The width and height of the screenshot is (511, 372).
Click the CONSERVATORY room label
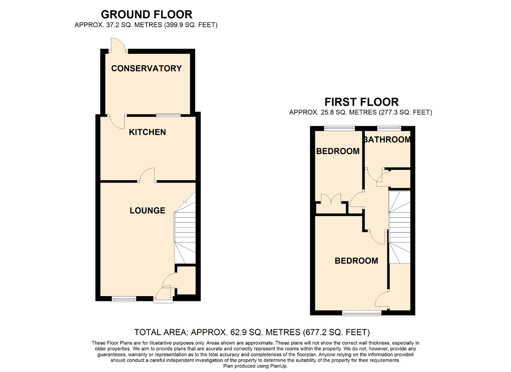click(147, 68)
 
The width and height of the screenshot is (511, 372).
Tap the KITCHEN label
click(147, 132)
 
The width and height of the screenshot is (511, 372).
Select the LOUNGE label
click(147, 210)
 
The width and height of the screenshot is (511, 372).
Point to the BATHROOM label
click(387, 139)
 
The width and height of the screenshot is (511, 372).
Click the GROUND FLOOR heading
click(147, 14)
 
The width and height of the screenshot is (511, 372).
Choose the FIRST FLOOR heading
click(362, 102)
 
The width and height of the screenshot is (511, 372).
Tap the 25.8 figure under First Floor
click(327, 112)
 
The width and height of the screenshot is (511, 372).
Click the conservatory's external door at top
click(118, 45)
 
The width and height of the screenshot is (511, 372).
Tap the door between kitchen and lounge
click(147, 175)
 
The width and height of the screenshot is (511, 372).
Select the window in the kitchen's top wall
click(168, 115)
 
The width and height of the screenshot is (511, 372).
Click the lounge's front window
click(124, 299)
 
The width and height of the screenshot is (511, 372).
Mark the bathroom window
click(389, 128)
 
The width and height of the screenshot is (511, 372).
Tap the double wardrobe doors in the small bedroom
click(331, 199)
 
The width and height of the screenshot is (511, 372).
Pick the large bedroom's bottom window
click(362, 313)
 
